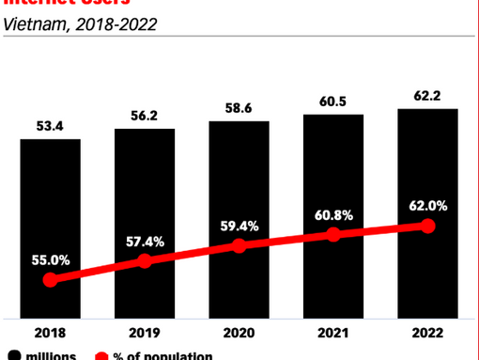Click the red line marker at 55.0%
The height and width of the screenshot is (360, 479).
point(51,280)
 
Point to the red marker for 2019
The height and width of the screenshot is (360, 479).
point(145,261)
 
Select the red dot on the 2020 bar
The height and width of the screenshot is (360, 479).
point(239,246)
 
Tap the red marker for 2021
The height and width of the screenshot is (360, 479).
point(333,236)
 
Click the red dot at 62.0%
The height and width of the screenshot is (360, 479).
point(428,226)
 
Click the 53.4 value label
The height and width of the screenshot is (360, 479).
point(51,125)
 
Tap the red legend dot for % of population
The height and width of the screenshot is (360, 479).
point(101,355)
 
